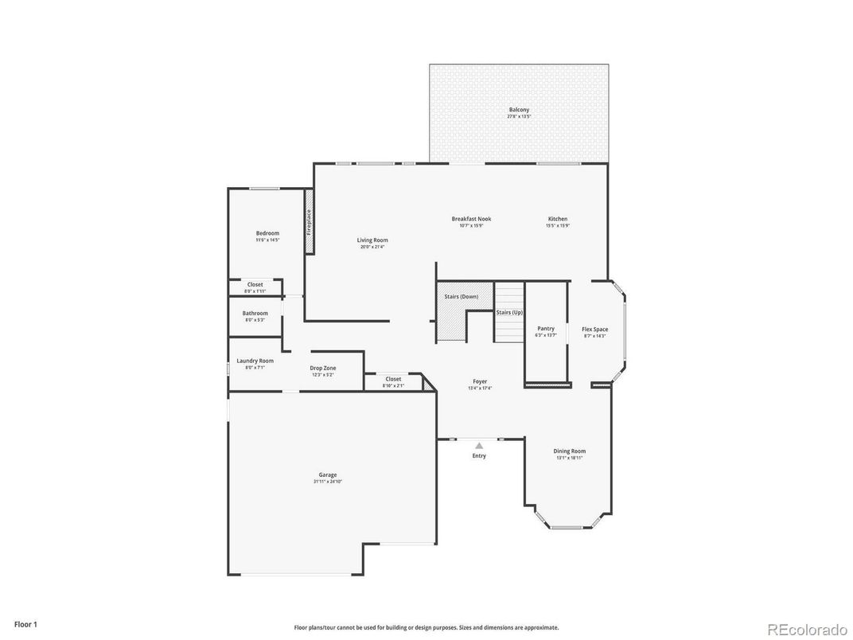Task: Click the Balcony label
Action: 518,110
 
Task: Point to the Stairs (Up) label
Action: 509,313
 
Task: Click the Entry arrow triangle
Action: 479,446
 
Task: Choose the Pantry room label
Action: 546,329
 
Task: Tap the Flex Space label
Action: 594,330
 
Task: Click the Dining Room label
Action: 570,451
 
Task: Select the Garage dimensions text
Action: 328,482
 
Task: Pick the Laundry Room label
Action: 255,361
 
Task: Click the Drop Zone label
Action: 322,368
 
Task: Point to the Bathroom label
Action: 255,313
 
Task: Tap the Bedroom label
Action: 267,233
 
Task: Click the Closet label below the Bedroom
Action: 255,284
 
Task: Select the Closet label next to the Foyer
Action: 393,379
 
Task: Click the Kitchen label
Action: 558,219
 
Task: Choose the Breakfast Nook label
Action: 471,219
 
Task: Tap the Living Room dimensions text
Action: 372,247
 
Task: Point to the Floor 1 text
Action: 25,625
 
